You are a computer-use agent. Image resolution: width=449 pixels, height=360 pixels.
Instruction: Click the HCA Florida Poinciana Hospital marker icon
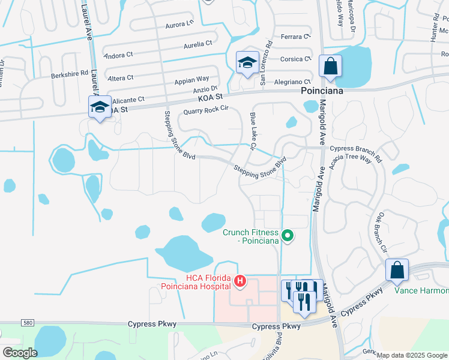(x=240, y=280)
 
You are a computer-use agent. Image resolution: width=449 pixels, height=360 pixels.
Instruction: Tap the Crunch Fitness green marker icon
(x=288, y=236)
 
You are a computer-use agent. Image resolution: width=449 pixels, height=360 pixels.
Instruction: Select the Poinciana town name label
(x=321, y=91)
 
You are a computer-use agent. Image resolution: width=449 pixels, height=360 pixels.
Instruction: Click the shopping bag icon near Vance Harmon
(x=397, y=271)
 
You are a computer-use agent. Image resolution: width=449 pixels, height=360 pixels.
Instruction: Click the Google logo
(x=20, y=352)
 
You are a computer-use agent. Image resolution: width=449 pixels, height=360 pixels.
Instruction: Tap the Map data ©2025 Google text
(x=411, y=355)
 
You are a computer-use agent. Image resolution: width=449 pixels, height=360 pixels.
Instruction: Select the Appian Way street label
(x=191, y=79)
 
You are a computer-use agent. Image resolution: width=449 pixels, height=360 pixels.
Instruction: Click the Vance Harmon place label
(x=421, y=291)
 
